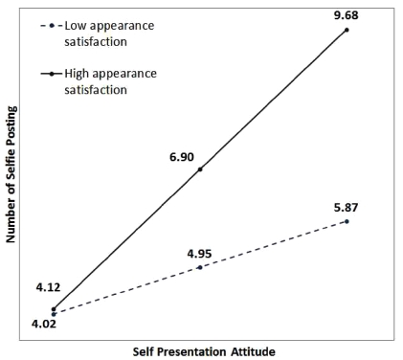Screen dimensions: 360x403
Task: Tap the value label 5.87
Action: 347,206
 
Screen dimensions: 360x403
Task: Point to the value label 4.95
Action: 199,253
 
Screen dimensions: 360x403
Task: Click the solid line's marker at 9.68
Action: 347,30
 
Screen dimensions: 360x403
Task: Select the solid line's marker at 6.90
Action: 199,169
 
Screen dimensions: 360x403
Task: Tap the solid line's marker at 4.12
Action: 54,308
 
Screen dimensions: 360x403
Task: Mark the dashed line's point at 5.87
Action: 347,221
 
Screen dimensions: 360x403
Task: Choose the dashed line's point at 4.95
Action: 199,266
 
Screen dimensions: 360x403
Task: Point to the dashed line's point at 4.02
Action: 54,313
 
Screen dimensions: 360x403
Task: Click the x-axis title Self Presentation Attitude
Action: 203,351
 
